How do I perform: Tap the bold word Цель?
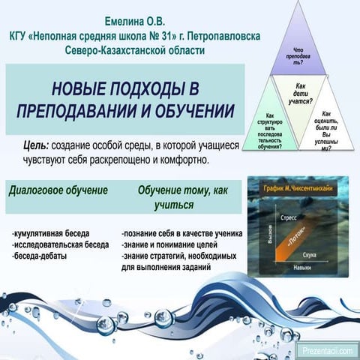click(34, 146)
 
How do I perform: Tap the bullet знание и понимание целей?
click(169, 244)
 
